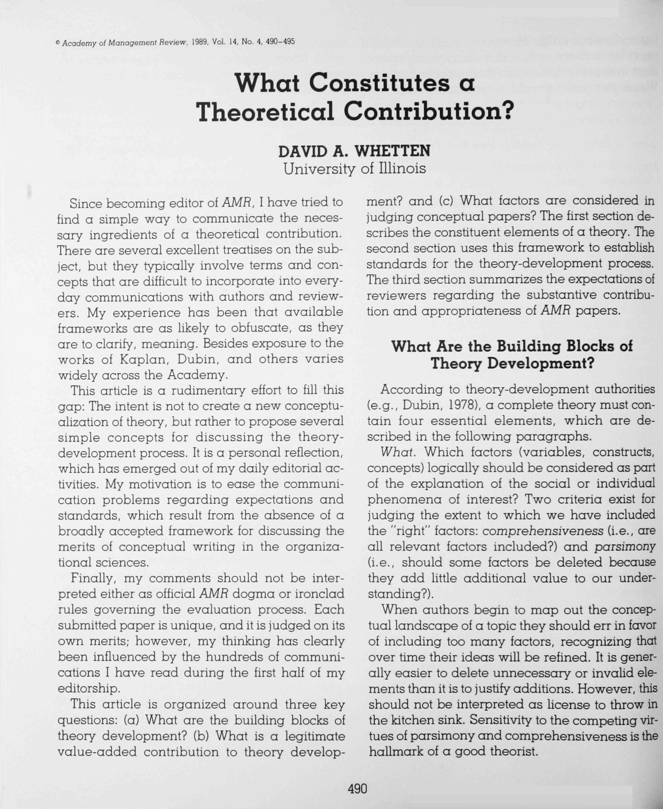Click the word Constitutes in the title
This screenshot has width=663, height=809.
tap(379, 83)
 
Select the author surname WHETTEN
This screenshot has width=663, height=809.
tap(392, 151)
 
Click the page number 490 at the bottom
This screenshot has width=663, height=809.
tap(357, 789)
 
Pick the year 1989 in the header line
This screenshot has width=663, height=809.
tap(199, 42)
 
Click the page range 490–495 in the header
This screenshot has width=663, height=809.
tap(280, 42)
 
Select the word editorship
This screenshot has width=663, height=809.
tap(89, 689)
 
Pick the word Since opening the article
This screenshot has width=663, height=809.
tap(87, 204)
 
